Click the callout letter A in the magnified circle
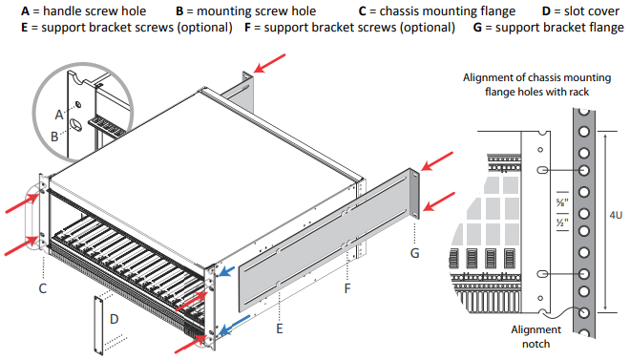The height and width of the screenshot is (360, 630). point(58,114)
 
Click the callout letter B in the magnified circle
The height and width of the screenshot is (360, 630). point(54,137)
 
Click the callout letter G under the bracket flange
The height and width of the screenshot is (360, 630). point(414,253)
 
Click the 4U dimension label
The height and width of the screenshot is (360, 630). point(616,216)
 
